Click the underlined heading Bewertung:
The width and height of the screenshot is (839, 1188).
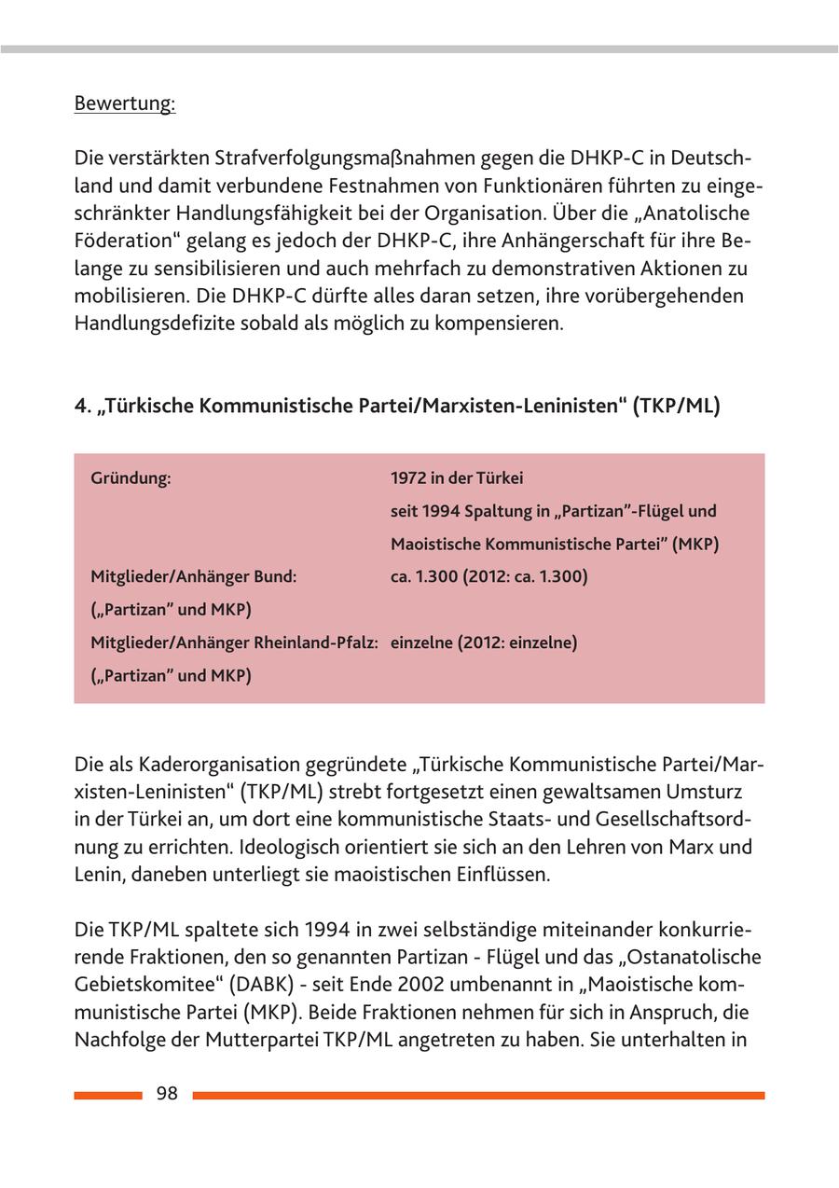(x=125, y=103)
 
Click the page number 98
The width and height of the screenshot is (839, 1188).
(x=167, y=1095)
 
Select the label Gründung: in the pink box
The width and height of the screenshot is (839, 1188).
(x=131, y=478)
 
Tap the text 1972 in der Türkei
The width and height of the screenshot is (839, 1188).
(x=457, y=478)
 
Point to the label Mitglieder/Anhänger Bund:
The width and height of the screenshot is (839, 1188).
(x=193, y=577)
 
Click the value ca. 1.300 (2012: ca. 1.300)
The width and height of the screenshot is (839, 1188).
(x=488, y=577)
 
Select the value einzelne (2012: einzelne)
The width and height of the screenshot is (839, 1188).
(x=484, y=642)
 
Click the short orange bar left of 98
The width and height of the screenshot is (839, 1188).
(x=108, y=1096)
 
